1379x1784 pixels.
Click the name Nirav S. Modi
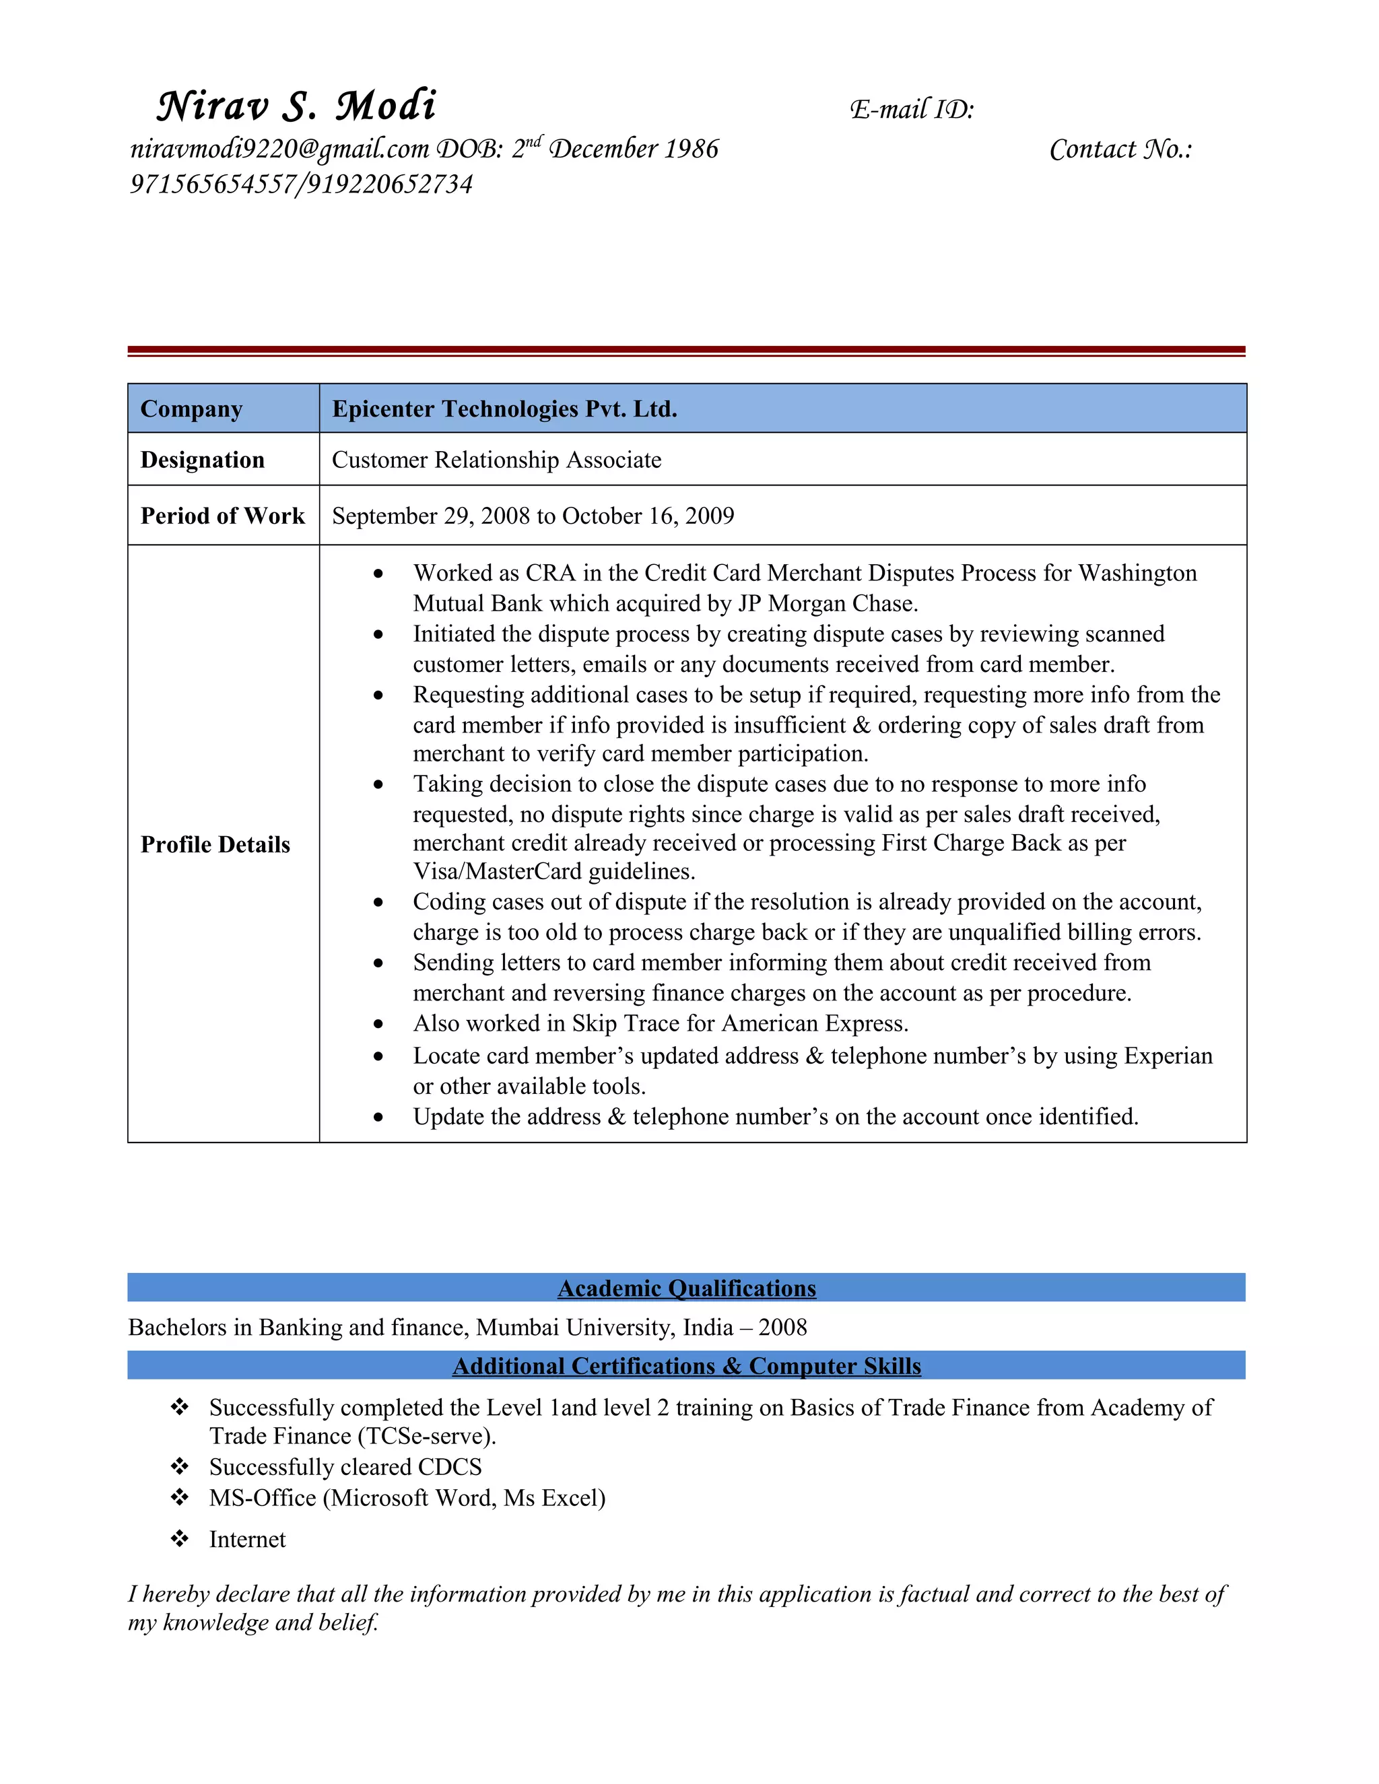(x=296, y=106)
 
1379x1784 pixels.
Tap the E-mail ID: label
(x=912, y=110)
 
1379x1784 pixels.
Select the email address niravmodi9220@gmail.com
(x=279, y=149)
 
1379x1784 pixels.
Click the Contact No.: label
(x=1120, y=149)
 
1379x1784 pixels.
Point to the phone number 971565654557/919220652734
(x=300, y=184)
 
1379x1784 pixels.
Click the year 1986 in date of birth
(x=691, y=149)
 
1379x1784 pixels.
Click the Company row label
(x=191, y=409)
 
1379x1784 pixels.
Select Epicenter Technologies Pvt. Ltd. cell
(x=504, y=409)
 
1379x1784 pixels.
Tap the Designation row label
(x=202, y=460)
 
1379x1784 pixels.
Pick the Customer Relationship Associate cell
(x=496, y=460)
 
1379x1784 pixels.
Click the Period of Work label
(x=222, y=516)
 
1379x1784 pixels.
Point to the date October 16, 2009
(x=648, y=516)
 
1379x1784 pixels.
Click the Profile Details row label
(x=215, y=845)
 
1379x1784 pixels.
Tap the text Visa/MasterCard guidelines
(x=554, y=872)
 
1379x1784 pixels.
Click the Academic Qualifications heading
(x=686, y=1288)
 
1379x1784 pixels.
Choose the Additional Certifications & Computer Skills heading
(x=686, y=1366)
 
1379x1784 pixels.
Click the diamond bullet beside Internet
(x=180, y=1539)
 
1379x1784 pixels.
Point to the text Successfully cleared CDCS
(x=345, y=1467)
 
